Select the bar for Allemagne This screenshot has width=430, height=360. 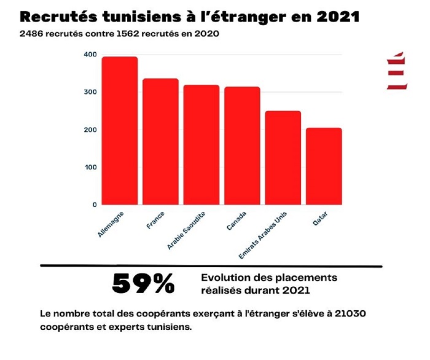click(119, 130)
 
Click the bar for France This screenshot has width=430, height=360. click(160, 141)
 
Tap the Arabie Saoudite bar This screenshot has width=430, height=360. click(201, 144)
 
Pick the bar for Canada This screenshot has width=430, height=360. click(242, 146)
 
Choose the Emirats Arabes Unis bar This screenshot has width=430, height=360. click(283, 157)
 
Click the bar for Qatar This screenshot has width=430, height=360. click(324, 166)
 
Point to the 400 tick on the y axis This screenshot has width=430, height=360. click(90, 55)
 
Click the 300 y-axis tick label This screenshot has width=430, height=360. click(90, 92)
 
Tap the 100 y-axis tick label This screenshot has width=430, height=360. click(90, 167)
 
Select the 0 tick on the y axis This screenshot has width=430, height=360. click(94, 205)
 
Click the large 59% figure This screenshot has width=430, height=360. click(143, 284)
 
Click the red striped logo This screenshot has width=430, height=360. click(397, 71)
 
